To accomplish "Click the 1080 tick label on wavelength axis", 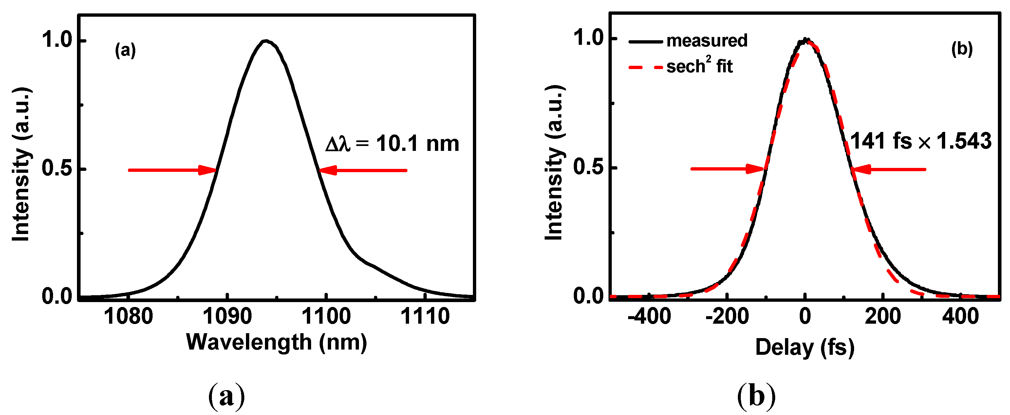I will click(128, 316).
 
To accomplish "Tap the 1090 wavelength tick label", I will click(227, 316).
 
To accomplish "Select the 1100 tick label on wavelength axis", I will click(326, 316).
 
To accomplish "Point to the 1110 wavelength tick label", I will click(425, 316).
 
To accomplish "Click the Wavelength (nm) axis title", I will click(276, 342).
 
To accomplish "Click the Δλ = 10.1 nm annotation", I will click(392, 144).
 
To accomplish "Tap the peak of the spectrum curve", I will click(266, 41).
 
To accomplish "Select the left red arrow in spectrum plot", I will click(173, 170).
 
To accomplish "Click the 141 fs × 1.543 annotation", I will click(921, 141).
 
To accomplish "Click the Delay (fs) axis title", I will click(805, 348).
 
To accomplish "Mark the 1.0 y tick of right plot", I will click(589, 38).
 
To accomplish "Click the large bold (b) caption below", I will click(756, 396).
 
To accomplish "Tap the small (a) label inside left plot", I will click(125, 50).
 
